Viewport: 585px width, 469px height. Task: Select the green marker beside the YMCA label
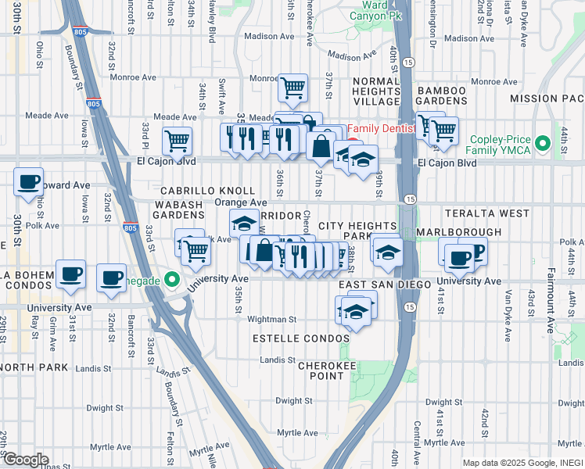click(459, 145)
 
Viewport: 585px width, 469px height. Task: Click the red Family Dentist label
click(384, 129)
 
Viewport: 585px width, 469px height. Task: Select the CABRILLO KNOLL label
click(207, 191)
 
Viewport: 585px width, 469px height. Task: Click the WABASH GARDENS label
click(178, 209)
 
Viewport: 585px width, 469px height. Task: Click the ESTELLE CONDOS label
click(300, 338)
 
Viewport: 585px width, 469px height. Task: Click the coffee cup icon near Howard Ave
click(29, 182)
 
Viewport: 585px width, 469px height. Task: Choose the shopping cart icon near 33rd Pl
click(178, 141)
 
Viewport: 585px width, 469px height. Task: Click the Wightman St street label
click(271, 319)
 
